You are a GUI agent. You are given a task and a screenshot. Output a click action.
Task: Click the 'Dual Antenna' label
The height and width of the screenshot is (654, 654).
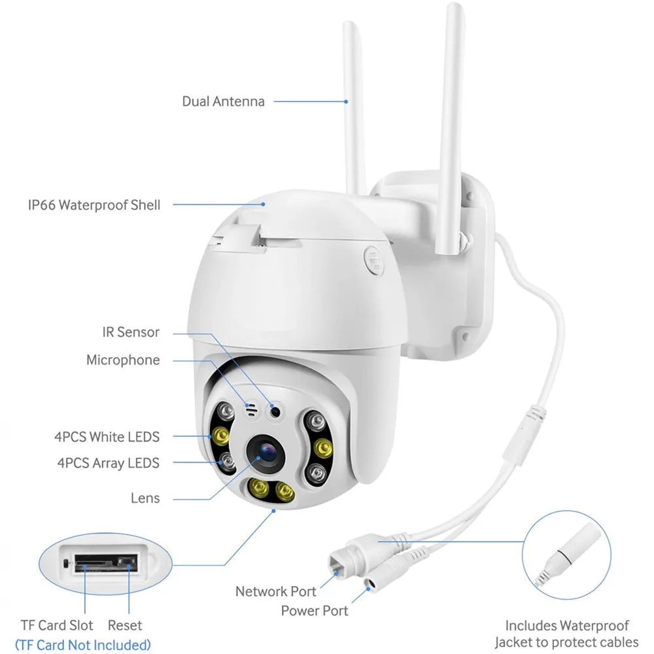click(x=223, y=101)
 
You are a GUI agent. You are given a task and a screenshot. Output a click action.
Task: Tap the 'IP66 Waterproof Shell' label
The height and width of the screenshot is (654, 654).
click(x=94, y=205)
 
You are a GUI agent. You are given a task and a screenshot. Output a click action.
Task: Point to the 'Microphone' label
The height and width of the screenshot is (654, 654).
click(x=123, y=360)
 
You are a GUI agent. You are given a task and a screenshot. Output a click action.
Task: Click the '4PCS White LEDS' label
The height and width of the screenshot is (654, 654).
click(x=107, y=436)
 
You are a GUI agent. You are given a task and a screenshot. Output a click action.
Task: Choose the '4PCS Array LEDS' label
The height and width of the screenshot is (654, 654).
click(x=107, y=463)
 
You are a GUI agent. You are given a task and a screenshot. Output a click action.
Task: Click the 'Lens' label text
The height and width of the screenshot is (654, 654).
click(x=145, y=498)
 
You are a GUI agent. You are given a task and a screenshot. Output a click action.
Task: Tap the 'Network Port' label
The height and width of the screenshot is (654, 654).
click(x=275, y=591)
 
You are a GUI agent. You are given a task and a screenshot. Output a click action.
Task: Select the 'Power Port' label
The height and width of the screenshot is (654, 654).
click(x=315, y=611)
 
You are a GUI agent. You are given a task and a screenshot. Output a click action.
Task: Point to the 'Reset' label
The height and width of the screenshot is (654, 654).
click(x=126, y=626)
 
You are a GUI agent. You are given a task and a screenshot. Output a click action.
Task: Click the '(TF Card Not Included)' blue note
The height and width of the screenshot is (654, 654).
click(x=82, y=645)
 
